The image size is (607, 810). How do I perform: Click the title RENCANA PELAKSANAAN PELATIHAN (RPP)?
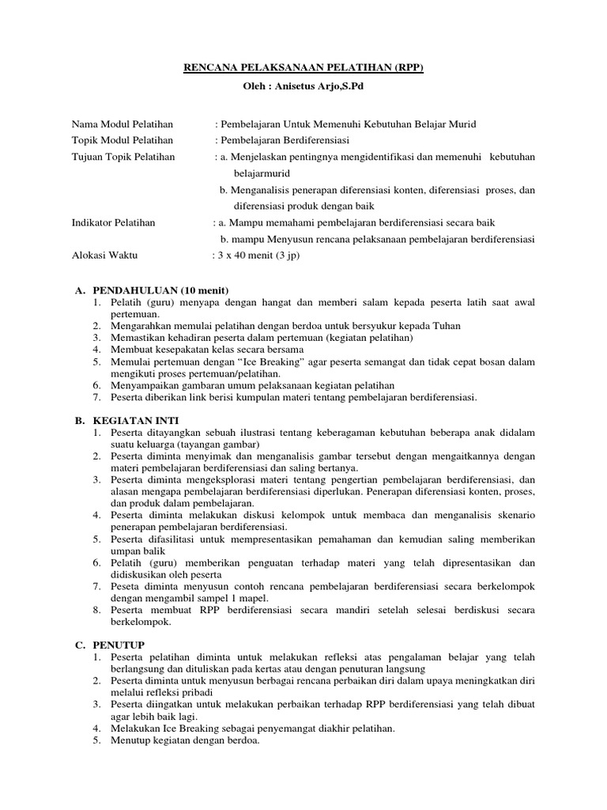coord(303,68)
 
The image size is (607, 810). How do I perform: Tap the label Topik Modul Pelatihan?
coord(123,140)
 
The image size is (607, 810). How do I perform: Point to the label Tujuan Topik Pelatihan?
coord(123,157)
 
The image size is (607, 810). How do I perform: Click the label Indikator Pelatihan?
coord(114,222)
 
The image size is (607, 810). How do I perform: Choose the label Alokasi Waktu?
coord(104,255)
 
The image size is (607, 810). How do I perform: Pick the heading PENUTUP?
coord(115,645)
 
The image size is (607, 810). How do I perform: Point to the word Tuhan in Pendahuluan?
coord(445,326)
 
